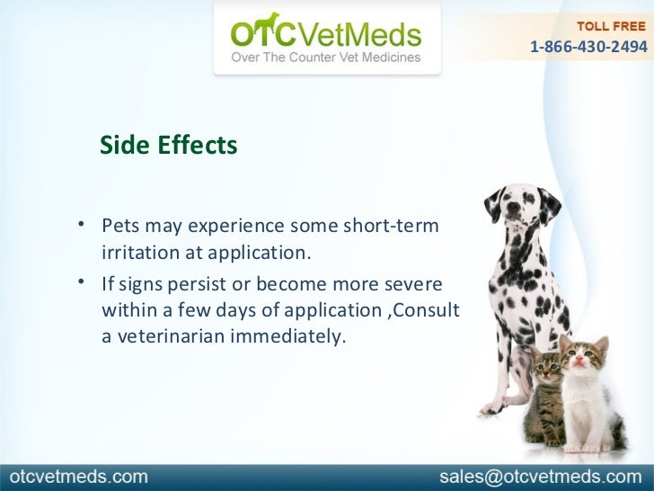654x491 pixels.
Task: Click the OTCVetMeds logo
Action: point(325,34)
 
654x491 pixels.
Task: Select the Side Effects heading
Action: point(168,145)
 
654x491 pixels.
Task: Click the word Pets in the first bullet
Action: point(119,225)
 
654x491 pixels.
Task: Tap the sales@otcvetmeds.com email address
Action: point(541,476)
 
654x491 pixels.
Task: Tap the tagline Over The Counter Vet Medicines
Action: point(326,58)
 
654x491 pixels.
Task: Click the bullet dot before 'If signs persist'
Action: point(81,283)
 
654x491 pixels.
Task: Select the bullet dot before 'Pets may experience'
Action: point(81,224)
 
